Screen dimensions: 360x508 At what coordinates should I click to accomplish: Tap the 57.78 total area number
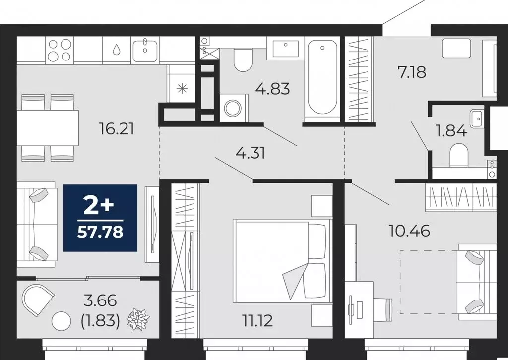pos(100,231)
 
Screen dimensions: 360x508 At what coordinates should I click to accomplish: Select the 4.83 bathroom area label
pos(272,89)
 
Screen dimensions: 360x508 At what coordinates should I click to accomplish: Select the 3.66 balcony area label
pos(100,300)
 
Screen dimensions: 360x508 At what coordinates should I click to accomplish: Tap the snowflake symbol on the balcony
pos(138,319)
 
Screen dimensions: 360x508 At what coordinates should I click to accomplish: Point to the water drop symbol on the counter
pos(116,50)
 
